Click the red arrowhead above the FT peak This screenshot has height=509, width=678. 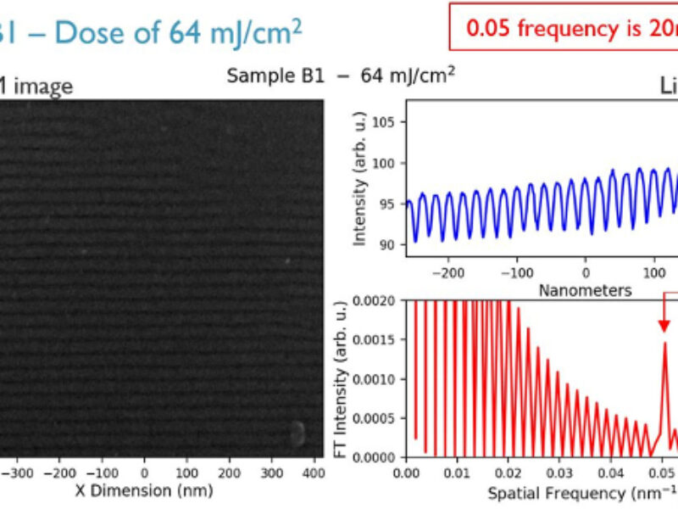coord(664,326)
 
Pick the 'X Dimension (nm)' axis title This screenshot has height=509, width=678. coord(144,489)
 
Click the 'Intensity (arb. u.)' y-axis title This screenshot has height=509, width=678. coord(359,182)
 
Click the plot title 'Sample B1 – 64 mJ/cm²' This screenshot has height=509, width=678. coord(341,75)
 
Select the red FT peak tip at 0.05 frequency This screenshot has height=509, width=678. coord(664,344)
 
